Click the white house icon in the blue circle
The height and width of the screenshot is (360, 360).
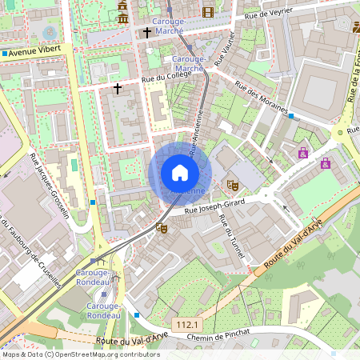pos(180,172)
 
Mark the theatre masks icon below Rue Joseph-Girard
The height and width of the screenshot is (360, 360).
pos(162,228)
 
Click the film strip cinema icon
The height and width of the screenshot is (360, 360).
pos(208,12)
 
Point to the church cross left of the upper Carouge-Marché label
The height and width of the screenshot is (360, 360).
pos(146,33)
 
